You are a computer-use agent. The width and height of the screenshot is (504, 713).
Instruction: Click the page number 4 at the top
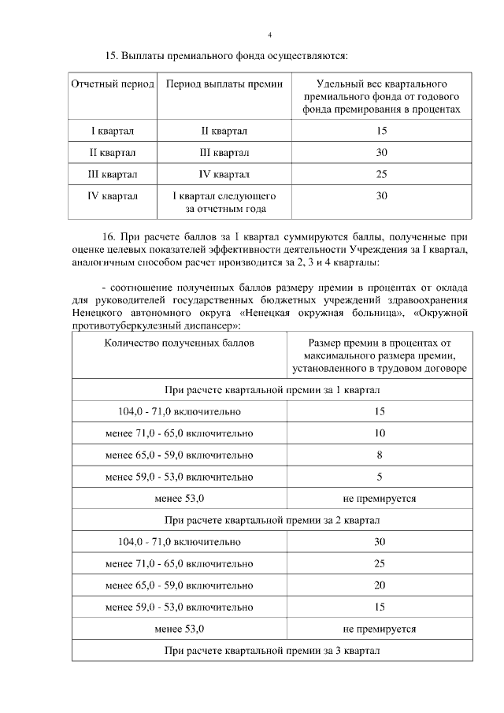(269, 35)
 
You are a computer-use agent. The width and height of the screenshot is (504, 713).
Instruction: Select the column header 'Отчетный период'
(113, 84)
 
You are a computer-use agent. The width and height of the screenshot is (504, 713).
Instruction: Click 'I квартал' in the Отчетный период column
(113, 130)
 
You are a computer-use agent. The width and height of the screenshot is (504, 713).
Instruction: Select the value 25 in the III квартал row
(381, 174)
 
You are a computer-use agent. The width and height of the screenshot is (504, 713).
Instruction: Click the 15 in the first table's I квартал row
(381, 130)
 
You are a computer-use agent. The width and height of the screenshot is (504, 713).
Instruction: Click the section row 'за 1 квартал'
(272, 390)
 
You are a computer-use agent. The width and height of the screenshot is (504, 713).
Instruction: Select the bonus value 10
(379, 433)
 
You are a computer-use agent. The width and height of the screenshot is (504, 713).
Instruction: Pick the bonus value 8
(379, 455)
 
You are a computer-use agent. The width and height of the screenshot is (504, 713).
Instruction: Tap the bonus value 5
(379, 477)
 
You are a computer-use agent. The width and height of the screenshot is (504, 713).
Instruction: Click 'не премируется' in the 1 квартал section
(379, 499)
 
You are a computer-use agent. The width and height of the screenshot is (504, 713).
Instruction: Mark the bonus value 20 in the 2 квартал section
(379, 585)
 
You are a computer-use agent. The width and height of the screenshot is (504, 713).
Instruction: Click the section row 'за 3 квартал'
(272, 651)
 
